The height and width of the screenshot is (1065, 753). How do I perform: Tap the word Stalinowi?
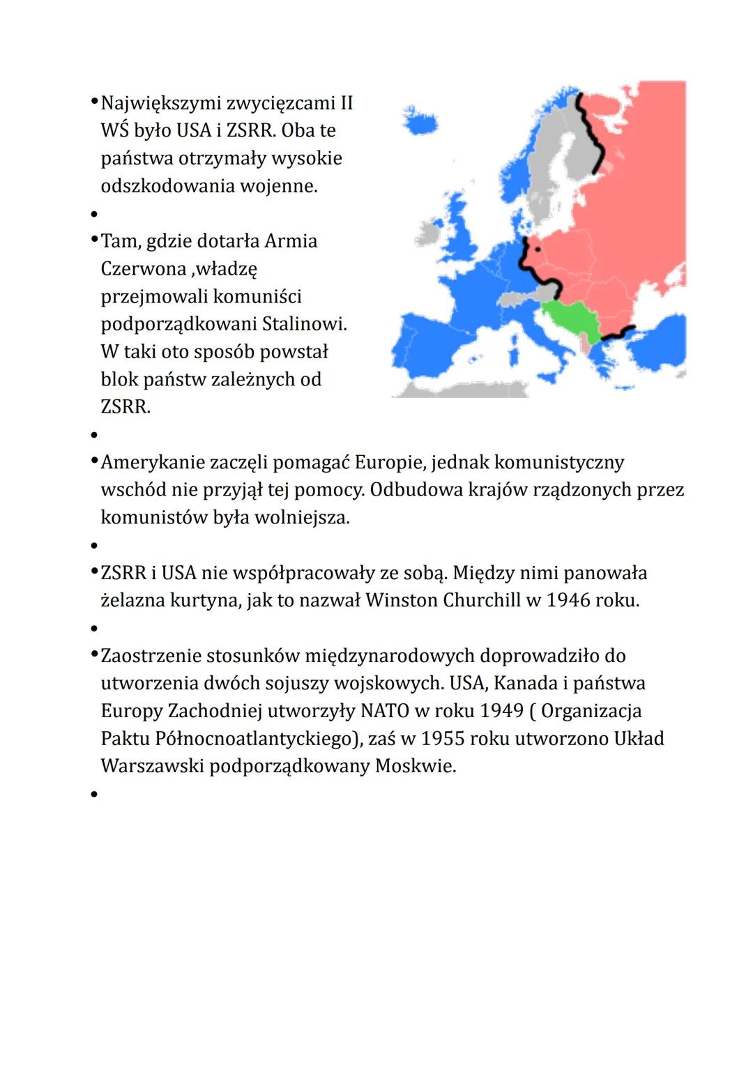pos(305,324)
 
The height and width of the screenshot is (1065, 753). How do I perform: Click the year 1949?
pos(501,711)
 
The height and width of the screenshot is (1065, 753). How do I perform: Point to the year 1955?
pos(443,739)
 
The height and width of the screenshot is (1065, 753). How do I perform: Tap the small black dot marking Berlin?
pos(538,248)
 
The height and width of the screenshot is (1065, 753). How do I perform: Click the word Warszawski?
pos(152,767)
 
